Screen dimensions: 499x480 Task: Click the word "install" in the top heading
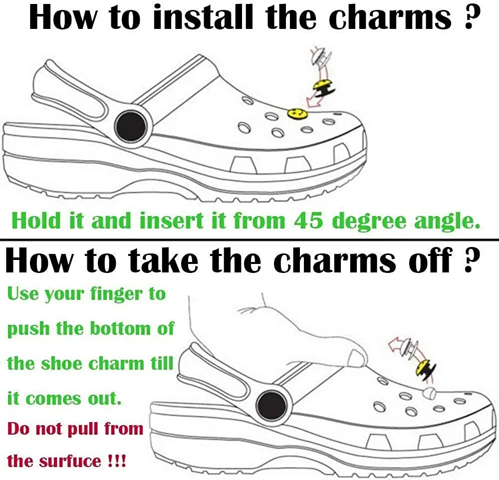click(204, 16)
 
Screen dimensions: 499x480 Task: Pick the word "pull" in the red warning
click(80, 429)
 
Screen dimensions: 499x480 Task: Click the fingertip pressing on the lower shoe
click(356, 358)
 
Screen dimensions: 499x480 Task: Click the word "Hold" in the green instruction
click(35, 220)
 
